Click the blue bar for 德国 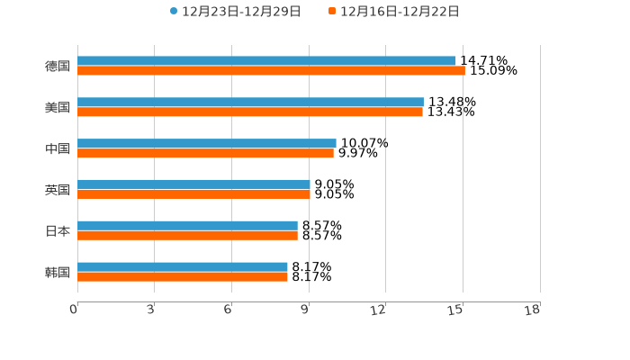(266, 60)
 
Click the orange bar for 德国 (271, 70)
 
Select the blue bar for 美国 (250, 102)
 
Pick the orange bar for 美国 (250, 112)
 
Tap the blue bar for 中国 (207, 143)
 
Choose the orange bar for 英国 (193, 193)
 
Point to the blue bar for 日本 (187, 225)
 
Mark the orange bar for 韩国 (183, 276)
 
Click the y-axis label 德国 (58, 66)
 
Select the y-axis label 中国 (58, 148)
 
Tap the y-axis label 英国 (58, 190)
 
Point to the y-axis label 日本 (58, 230)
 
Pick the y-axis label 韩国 (58, 272)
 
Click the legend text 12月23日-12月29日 (241, 12)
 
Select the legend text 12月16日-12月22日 (400, 12)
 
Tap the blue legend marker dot (174, 12)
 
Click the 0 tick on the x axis (75, 310)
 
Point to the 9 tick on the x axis (305, 310)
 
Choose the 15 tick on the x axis (456, 310)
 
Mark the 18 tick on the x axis (533, 310)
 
